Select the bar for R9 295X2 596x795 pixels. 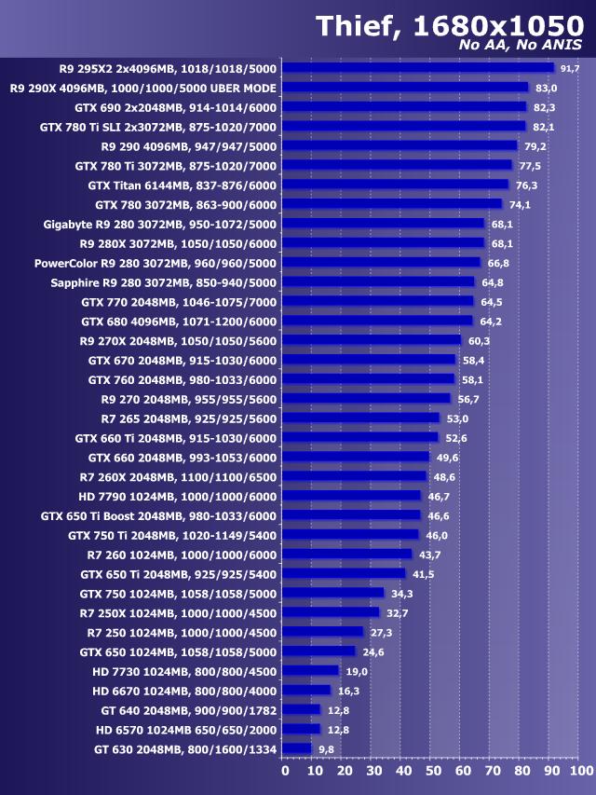(x=417, y=68)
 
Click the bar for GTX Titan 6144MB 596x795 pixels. (x=395, y=185)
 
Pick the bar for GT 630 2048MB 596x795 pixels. (x=296, y=748)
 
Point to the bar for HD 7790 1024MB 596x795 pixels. (x=351, y=496)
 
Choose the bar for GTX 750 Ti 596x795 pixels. (x=350, y=535)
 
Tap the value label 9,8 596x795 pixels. (x=326, y=748)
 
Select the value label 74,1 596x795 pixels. (x=520, y=204)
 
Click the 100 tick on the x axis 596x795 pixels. (x=580, y=771)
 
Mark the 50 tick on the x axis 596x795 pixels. (x=433, y=771)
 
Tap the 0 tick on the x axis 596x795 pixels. (x=285, y=771)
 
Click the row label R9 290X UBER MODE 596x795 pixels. (x=142, y=88)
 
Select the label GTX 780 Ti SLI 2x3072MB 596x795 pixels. (x=158, y=127)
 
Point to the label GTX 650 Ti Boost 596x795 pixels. (x=159, y=515)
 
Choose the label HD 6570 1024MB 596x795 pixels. (x=186, y=729)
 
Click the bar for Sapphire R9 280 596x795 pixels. (x=378, y=282)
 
